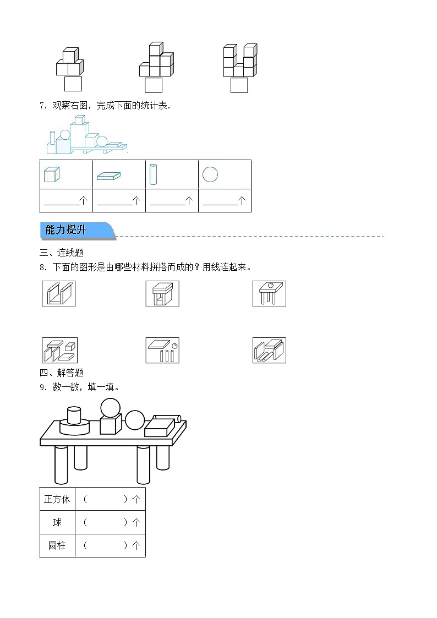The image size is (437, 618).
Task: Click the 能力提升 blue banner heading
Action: [77, 231]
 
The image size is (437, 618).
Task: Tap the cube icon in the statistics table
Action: [51, 174]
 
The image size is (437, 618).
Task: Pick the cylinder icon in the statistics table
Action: [154, 174]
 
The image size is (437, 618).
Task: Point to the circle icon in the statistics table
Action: [210, 174]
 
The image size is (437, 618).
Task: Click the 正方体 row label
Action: [57, 499]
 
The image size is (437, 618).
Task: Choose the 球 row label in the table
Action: [57, 522]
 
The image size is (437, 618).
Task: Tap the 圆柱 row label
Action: [57, 545]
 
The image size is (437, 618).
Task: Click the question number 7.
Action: [42, 106]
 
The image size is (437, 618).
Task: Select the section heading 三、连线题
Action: [61, 253]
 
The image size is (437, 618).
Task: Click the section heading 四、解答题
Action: [61, 373]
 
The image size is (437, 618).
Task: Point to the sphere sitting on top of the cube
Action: [110, 408]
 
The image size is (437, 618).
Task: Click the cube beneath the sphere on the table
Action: [110, 425]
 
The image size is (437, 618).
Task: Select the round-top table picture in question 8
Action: [269, 293]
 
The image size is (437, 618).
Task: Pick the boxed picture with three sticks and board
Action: [162, 350]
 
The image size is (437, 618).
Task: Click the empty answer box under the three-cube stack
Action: [73, 84]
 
